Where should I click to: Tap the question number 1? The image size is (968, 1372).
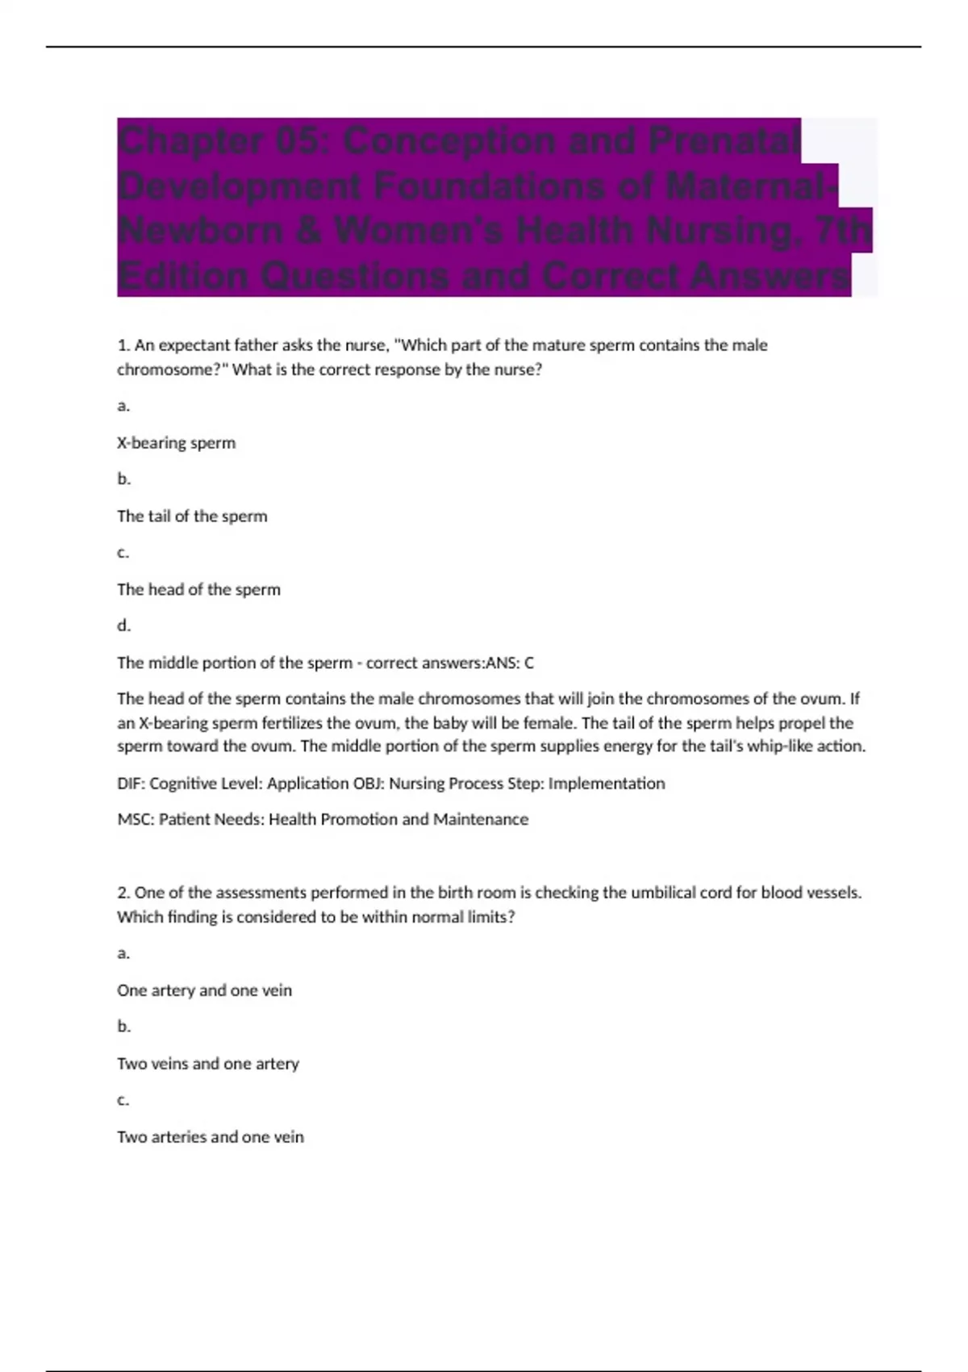coord(123,345)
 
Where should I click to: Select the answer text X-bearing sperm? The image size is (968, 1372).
coord(176,443)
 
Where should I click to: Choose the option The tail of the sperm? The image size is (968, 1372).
coord(192,517)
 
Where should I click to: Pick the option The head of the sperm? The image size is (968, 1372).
coord(198,590)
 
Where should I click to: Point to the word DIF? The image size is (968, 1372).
coord(131,784)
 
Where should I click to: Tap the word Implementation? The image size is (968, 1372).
coord(607,784)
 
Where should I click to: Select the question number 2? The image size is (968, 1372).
coord(123,893)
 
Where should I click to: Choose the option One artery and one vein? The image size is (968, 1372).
coord(204,991)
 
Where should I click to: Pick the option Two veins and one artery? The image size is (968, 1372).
coord(207,1065)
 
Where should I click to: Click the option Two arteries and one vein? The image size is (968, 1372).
coord(210,1138)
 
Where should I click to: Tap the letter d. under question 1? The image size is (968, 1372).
coord(123,626)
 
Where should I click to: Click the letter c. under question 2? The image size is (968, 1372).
coord(123,1101)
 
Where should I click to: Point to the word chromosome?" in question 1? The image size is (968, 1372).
coord(172,370)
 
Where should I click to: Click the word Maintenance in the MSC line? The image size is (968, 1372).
coord(481,820)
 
